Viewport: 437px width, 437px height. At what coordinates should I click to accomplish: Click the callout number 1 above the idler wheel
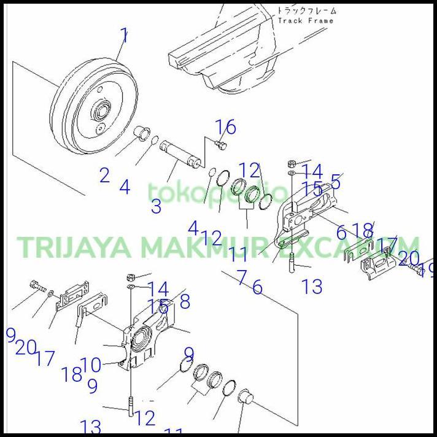click(x=124, y=35)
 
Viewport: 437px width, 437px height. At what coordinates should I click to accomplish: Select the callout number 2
click(x=104, y=176)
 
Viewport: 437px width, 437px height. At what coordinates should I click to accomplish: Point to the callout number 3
click(x=156, y=206)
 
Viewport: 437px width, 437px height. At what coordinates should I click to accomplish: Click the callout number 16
click(x=226, y=127)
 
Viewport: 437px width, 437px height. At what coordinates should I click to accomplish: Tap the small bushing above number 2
click(x=142, y=131)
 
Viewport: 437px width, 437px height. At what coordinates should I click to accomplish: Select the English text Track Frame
click(x=306, y=21)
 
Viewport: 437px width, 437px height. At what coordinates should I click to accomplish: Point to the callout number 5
click(x=335, y=182)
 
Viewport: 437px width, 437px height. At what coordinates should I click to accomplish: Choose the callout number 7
click(x=242, y=277)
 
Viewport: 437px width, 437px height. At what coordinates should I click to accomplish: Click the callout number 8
click(x=184, y=301)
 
